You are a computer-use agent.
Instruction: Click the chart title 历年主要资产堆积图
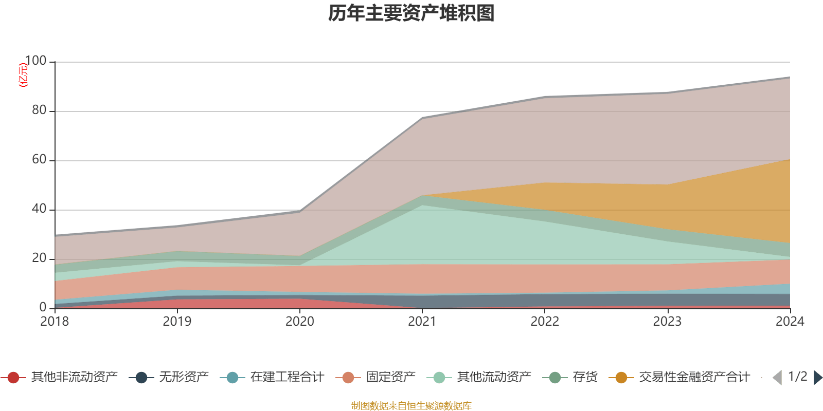pos(411,13)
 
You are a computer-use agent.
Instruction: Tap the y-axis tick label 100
pos(35,61)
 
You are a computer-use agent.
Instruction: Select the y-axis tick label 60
pos(39,159)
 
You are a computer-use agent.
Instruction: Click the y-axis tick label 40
pos(39,209)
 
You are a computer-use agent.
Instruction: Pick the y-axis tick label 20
pos(39,258)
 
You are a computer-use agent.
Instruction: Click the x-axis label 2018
pos(55,322)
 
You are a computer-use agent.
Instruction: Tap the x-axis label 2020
pos(299,322)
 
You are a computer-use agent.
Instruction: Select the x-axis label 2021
pos(422,322)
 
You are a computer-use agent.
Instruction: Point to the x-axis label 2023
pos(667,322)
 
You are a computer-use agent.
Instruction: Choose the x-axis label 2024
pos(790,322)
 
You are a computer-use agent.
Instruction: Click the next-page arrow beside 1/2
pos(818,378)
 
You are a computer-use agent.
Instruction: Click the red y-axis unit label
pos(23,75)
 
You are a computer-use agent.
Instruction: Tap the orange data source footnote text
pos(411,406)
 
